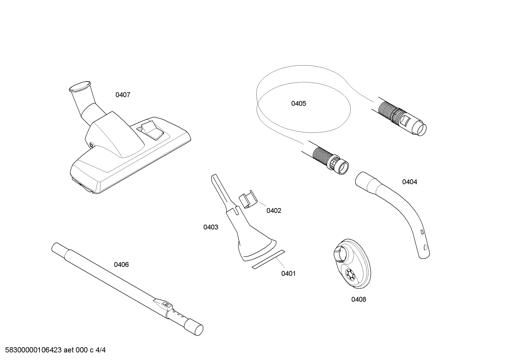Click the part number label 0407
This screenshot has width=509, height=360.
123,95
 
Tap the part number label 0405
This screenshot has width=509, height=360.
299,104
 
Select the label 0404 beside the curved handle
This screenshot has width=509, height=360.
409,182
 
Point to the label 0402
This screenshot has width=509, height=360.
274,211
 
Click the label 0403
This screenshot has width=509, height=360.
211,227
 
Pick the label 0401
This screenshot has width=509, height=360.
288,273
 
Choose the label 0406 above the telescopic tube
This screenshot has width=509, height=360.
121,265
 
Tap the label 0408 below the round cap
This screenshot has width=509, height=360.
359,300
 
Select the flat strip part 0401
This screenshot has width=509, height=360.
268,259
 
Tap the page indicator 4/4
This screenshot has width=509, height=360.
101,350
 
